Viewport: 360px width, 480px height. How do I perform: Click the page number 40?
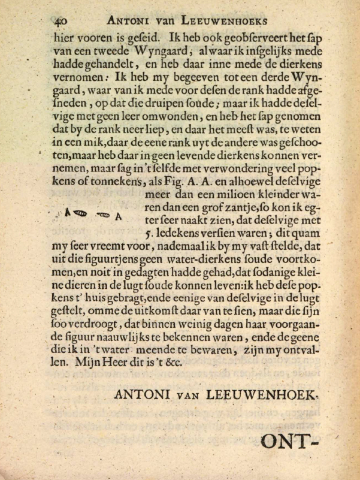[x=60, y=20]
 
